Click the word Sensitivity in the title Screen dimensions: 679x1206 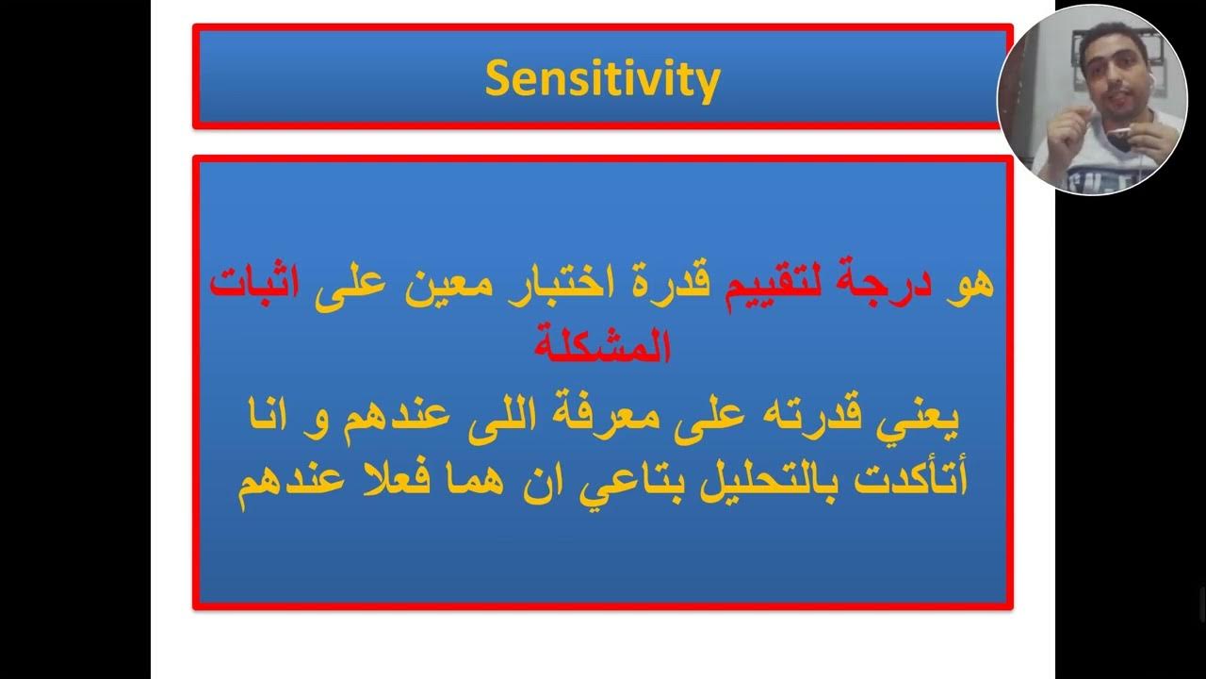click(602, 79)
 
